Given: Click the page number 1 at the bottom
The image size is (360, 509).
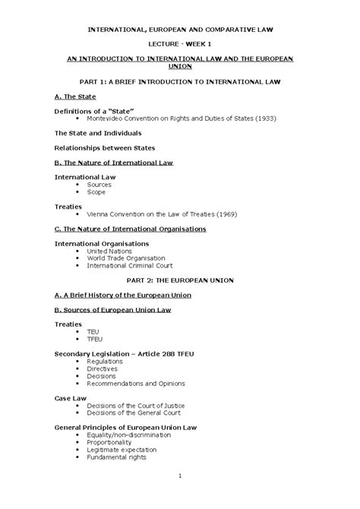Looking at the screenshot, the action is (x=179, y=476).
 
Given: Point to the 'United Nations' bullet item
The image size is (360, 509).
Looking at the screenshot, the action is (x=109, y=251).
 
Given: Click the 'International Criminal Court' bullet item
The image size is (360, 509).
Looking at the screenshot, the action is (x=130, y=266).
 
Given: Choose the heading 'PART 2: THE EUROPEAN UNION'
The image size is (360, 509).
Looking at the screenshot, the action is (x=180, y=280).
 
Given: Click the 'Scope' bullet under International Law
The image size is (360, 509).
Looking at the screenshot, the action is (x=96, y=192).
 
